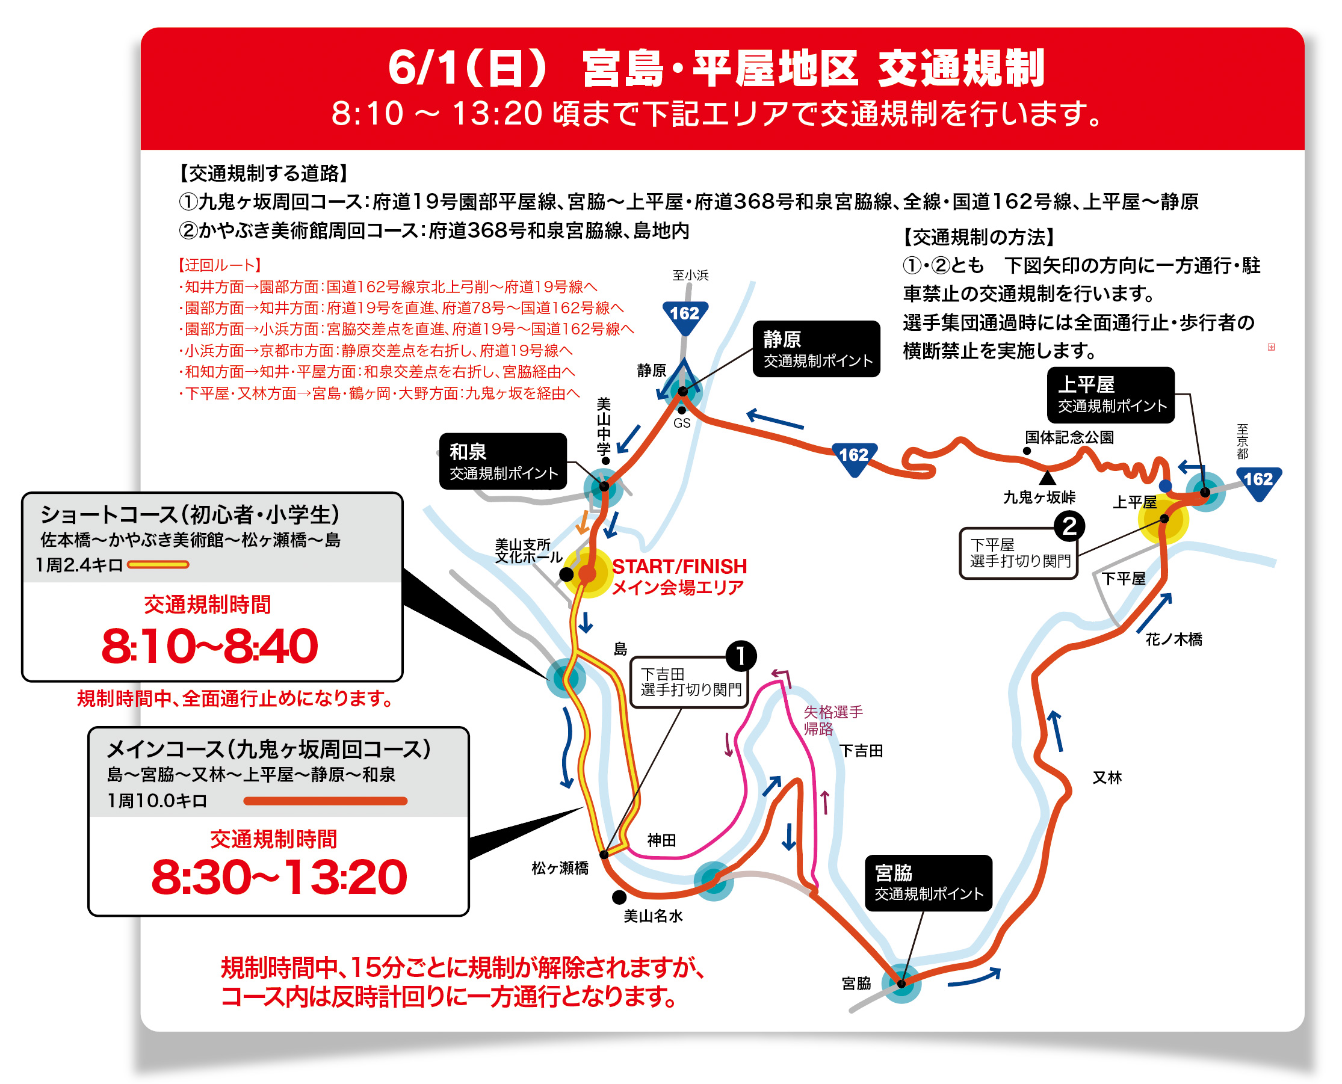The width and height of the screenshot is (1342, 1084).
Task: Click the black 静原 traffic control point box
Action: [x=816, y=349]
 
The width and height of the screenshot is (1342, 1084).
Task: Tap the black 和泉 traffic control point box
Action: [x=503, y=461]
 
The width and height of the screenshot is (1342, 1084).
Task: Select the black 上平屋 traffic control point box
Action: [x=1110, y=395]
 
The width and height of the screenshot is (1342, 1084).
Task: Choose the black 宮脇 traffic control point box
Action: [x=929, y=883]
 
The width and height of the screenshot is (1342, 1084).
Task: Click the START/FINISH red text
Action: [x=679, y=566]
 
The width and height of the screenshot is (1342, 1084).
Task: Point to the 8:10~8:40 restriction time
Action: [x=210, y=646]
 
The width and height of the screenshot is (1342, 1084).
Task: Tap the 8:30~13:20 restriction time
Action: [x=279, y=877]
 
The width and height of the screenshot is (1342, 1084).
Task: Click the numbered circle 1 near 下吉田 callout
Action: [x=741, y=656]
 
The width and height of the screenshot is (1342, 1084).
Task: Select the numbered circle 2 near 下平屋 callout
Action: [x=1069, y=526]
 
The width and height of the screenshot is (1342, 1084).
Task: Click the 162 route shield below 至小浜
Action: [x=685, y=314]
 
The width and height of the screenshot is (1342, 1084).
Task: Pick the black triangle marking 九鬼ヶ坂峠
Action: [x=1048, y=478]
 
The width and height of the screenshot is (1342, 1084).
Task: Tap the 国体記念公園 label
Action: [x=1069, y=437]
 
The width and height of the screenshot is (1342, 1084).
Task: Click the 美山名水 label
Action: [x=653, y=916]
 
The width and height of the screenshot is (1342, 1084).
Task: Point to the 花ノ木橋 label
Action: [x=1173, y=639]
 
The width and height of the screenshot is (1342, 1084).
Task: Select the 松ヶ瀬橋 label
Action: [x=560, y=868]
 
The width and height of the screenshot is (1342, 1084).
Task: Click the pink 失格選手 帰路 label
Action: [x=832, y=720]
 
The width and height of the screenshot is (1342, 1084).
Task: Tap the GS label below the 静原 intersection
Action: [x=682, y=423]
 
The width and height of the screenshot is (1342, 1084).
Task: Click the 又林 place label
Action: [x=1107, y=777]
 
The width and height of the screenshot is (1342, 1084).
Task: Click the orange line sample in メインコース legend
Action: [x=325, y=801]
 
